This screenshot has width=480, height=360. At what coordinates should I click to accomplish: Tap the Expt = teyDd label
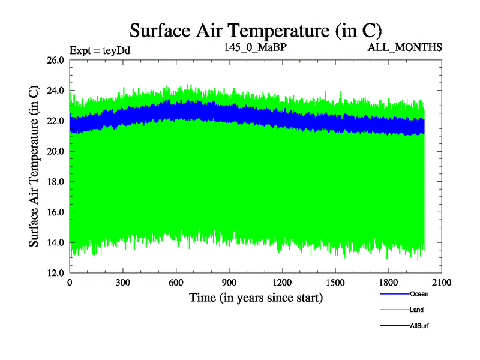(100, 50)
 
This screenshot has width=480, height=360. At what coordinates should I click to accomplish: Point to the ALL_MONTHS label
(405, 47)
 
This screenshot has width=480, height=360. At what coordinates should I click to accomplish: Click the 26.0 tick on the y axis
(55, 60)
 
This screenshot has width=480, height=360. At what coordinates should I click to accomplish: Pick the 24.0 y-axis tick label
(55, 91)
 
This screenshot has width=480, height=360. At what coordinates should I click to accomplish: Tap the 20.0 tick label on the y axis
(55, 151)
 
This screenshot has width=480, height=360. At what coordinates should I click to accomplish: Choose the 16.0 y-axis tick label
(55, 212)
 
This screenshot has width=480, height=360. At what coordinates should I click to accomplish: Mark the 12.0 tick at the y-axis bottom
(55, 272)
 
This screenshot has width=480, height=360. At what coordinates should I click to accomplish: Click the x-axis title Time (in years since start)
(256, 298)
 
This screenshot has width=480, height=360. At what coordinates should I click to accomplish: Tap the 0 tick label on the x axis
(70, 283)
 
